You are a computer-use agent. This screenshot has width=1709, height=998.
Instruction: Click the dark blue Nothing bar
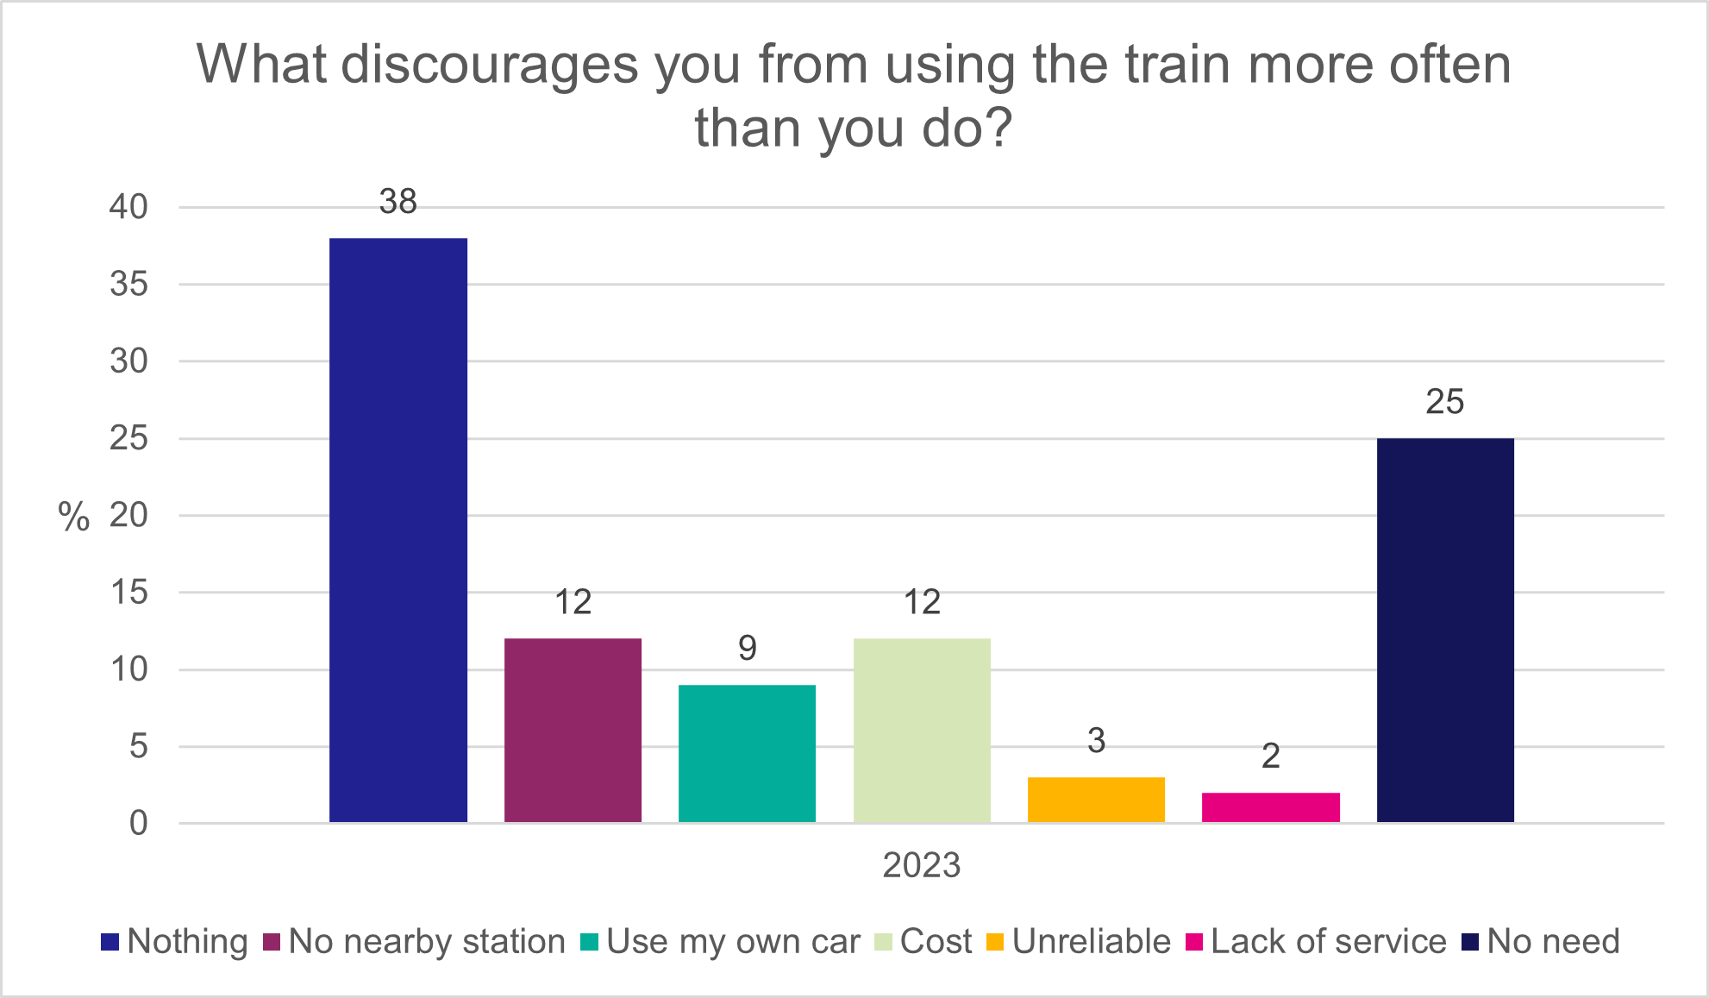[398, 530]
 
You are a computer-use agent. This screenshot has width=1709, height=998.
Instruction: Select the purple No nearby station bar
[573, 730]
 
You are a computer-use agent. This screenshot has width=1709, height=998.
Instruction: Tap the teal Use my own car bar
[747, 753]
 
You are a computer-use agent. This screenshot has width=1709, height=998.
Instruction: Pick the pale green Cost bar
[922, 730]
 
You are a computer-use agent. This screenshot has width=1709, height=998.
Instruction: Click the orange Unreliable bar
[1096, 800]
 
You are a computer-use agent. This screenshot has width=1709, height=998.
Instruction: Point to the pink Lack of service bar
[1270, 807]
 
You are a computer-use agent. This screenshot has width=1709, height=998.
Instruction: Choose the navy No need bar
[1445, 630]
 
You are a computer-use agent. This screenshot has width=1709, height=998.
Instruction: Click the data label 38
[398, 202]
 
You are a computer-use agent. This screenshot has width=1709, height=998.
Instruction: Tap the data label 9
[747, 648]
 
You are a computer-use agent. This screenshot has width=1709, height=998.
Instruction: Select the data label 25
[1445, 402]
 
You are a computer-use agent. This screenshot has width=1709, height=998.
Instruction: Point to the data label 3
[1096, 741]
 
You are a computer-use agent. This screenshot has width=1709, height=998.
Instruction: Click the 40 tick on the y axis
[128, 207]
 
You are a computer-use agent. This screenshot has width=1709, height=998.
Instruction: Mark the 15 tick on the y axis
[128, 593]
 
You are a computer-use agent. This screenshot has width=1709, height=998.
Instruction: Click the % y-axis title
[73, 517]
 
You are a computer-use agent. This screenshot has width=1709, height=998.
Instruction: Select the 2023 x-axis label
[921, 864]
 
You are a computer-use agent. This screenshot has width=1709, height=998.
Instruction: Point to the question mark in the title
[998, 129]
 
